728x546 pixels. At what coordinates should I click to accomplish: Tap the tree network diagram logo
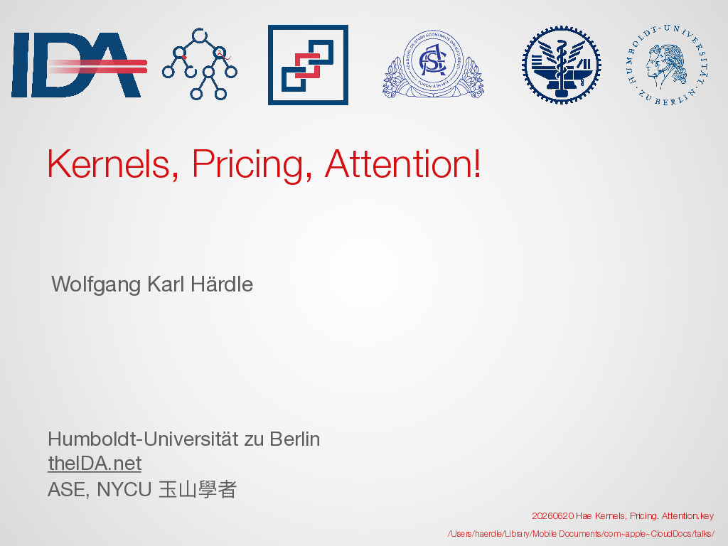[x=200, y=64]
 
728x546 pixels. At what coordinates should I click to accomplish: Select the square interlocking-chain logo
[x=308, y=65]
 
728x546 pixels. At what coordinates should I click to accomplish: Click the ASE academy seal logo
[x=433, y=64]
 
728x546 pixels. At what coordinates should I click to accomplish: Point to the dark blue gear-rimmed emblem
[x=562, y=65]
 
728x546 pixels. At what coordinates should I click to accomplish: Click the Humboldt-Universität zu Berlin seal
[x=668, y=65]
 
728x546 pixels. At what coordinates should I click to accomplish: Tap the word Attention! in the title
[x=403, y=164]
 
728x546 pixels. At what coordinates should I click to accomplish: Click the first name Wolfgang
[x=96, y=284]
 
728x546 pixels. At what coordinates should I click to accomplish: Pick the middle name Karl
[x=166, y=284]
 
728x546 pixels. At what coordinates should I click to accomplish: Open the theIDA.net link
[x=95, y=464]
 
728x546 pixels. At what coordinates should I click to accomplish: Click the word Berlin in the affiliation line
[x=295, y=439]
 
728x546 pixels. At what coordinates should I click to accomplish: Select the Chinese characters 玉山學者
[x=198, y=489]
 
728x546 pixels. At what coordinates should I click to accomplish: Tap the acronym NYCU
[x=124, y=490]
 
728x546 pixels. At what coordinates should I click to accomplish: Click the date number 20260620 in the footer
[x=552, y=516]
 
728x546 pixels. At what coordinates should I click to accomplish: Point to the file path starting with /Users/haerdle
[x=581, y=534]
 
